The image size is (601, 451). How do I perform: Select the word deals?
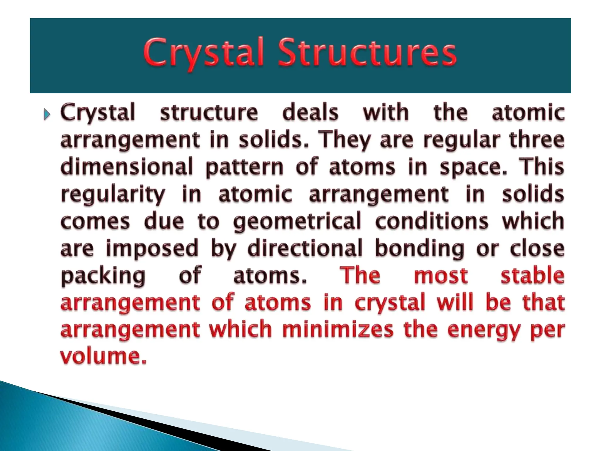[x=310, y=112]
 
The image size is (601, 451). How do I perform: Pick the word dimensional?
[x=127, y=166]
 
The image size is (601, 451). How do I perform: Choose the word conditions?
[x=432, y=221]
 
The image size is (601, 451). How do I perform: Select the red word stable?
[x=532, y=275]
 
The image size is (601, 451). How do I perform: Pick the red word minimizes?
[x=337, y=329]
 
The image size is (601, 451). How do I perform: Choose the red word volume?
[x=103, y=356]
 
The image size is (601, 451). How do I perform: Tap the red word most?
[x=440, y=275]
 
